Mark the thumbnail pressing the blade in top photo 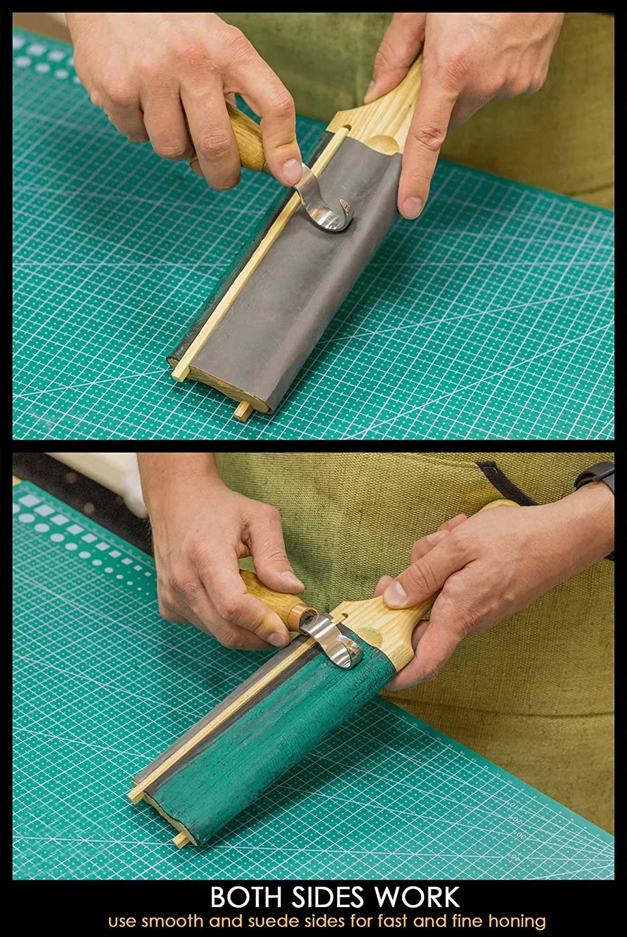[292, 172]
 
